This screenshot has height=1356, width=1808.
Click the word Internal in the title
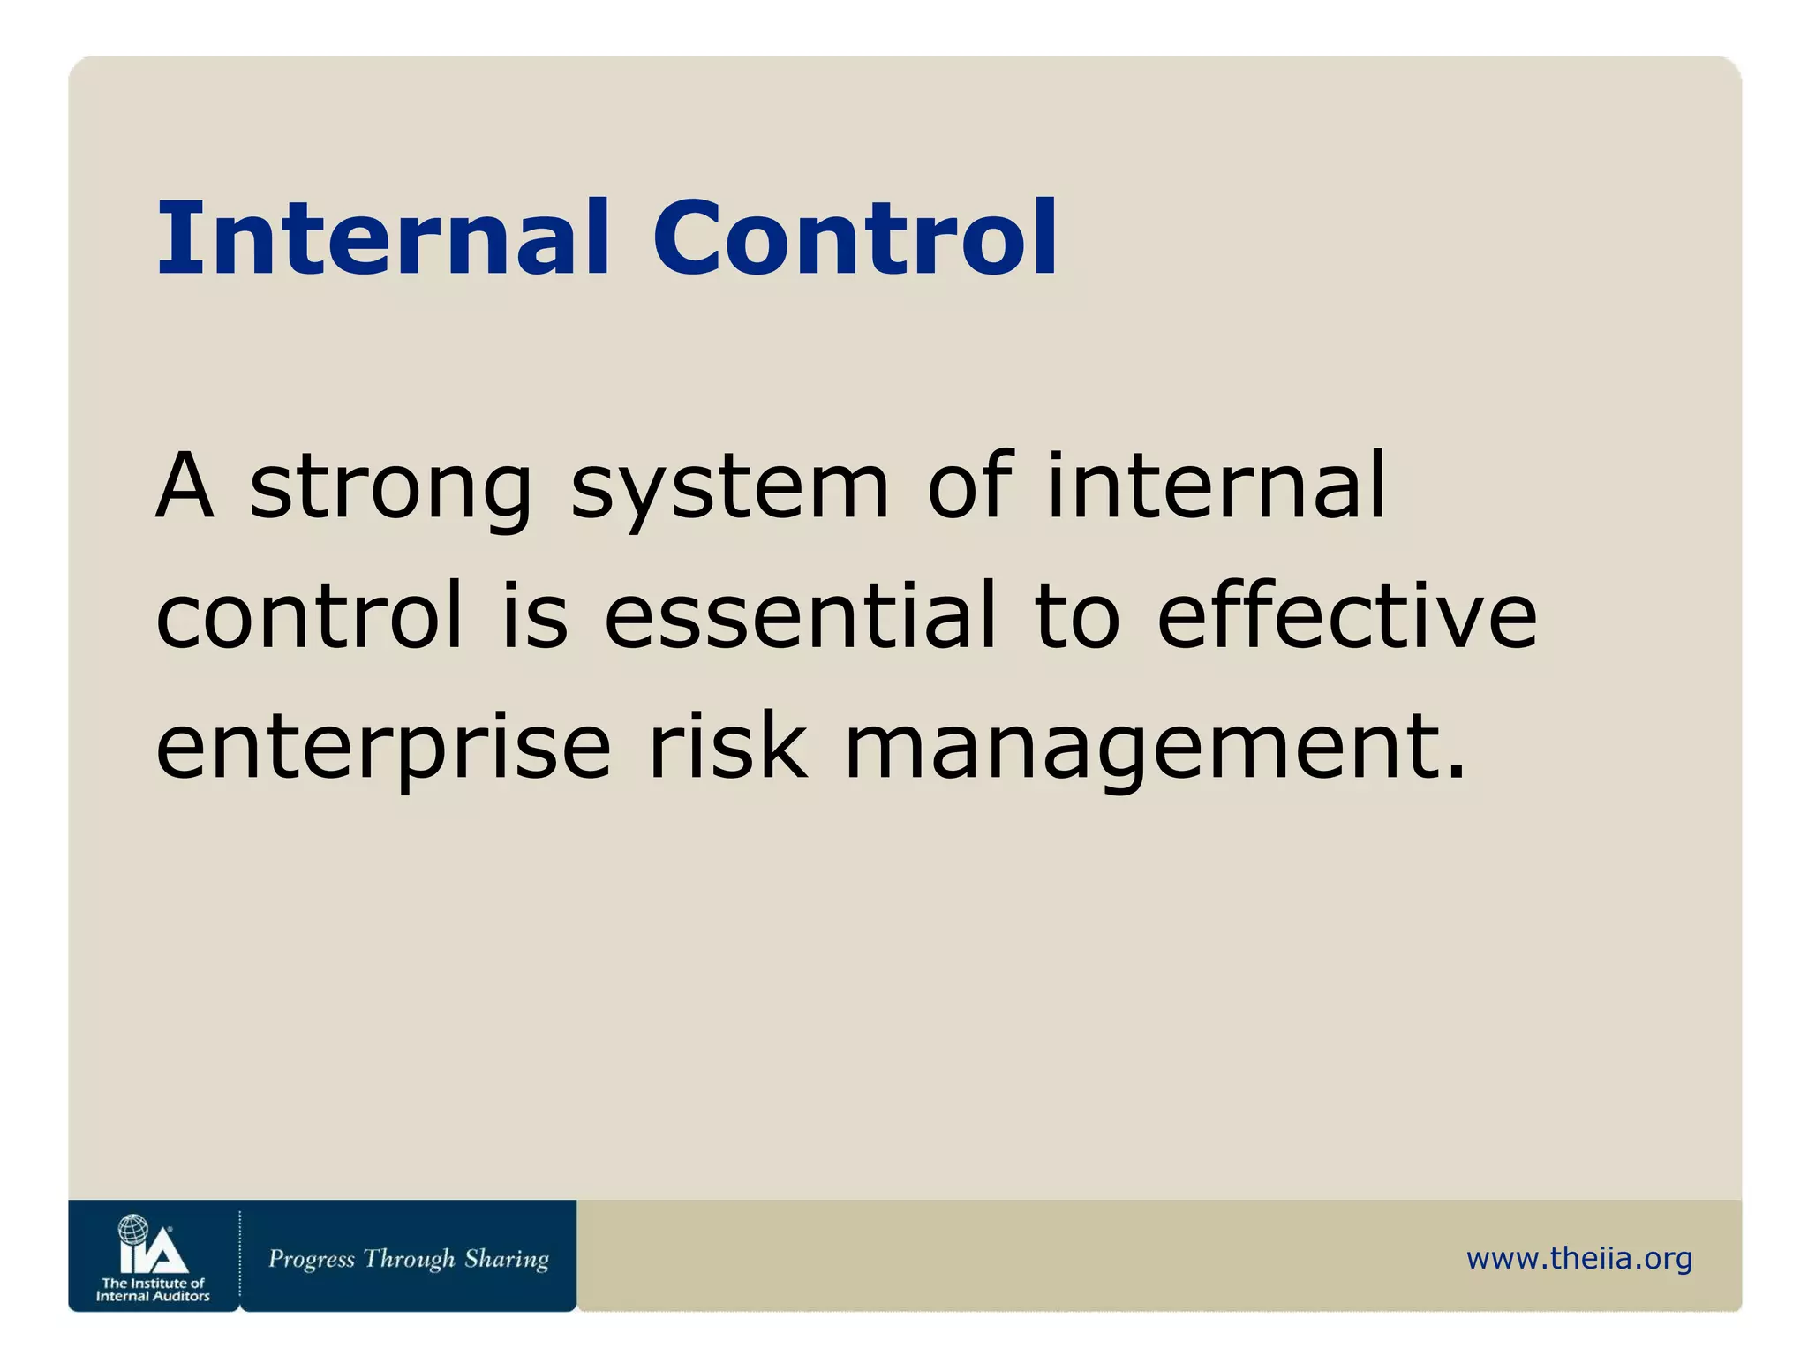(383, 238)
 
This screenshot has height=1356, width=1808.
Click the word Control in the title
(855, 238)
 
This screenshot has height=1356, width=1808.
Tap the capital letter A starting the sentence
(185, 486)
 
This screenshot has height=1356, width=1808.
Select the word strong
(391, 490)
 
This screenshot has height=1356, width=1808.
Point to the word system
(729, 490)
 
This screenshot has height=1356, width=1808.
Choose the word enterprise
(383, 749)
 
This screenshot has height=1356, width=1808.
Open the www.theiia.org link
(1578, 1258)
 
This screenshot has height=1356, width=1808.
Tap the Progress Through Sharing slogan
(408, 1259)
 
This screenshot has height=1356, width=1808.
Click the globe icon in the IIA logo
(133, 1229)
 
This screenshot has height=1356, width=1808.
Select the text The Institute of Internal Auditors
(153, 1290)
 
